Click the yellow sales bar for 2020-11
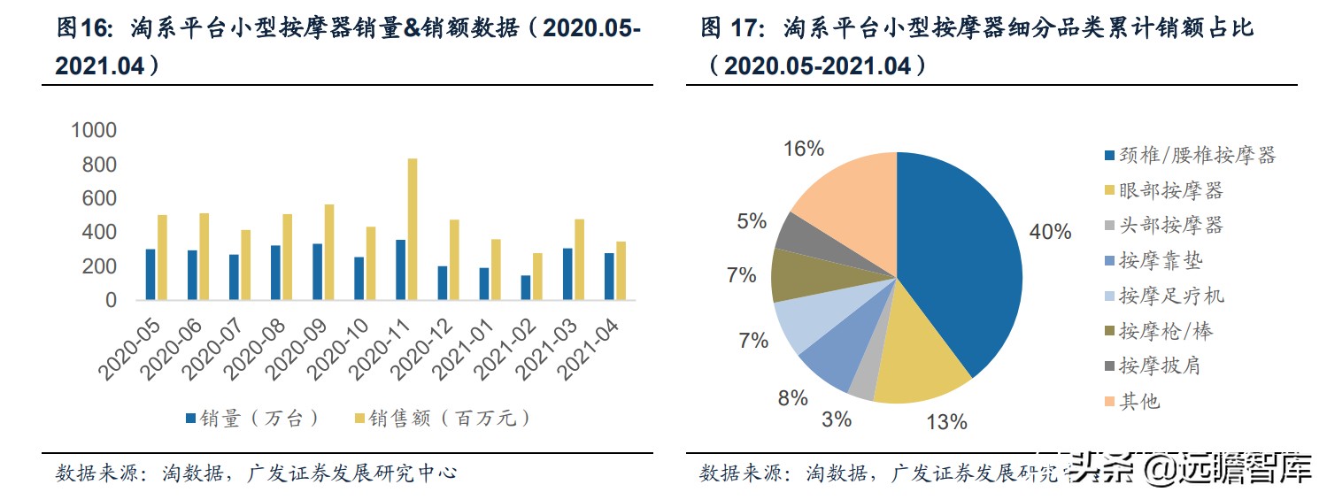[412, 229]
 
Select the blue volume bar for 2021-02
[526, 288]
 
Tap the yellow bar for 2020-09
[328, 252]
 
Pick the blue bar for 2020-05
[150, 274]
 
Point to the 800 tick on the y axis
[98, 165]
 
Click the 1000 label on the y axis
[93, 131]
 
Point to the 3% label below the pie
[837, 419]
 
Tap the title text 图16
[80, 29]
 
